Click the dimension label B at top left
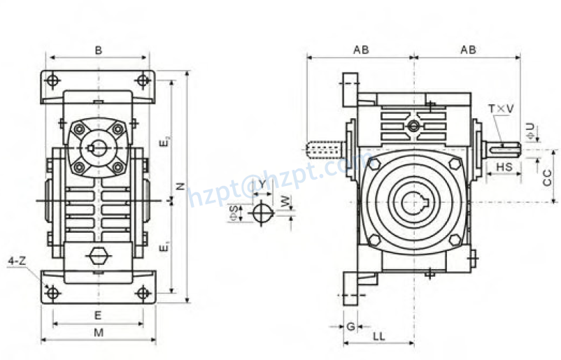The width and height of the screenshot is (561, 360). (x=99, y=50)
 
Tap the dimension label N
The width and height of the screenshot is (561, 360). (x=180, y=186)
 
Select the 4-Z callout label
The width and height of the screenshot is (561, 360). (x=17, y=261)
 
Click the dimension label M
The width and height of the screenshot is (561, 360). (x=99, y=332)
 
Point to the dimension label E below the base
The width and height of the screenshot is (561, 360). (x=99, y=315)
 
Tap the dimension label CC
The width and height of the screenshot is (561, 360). (x=548, y=176)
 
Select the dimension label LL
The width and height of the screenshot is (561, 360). (x=378, y=336)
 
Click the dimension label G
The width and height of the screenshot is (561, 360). (x=349, y=326)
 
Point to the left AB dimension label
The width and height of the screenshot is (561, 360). (x=361, y=50)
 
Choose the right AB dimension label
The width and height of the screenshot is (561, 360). (x=468, y=50)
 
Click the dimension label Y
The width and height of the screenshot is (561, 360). (x=262, y=184)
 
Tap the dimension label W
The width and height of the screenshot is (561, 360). (x=284, y=201)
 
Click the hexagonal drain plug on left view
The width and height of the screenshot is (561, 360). (x=99, y=256)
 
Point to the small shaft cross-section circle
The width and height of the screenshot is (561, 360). (x=262, y=213)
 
